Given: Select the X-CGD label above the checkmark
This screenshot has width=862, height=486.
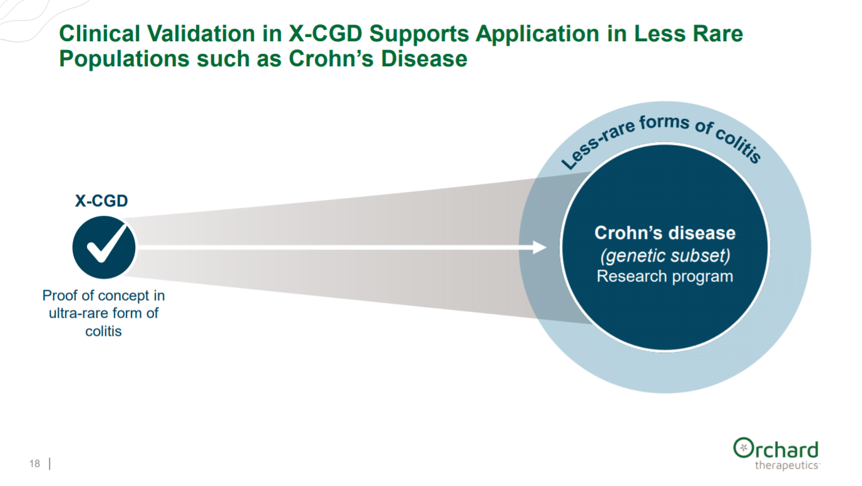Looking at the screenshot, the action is tap(102, 201).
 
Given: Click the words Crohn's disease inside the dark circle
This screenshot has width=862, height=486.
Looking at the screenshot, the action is tap(665, 233).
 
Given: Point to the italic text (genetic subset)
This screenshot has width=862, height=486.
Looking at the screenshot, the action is tap(665, 256).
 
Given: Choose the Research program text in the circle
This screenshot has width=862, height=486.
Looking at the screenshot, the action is tap(665, 276).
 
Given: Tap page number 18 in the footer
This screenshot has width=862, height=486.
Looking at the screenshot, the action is tap(34, 463).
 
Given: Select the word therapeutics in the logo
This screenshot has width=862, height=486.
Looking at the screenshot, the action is tap(786, 465).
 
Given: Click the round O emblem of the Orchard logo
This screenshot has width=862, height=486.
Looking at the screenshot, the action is tap(743, 448).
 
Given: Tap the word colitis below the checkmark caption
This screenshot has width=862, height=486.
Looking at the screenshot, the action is tap(103, 331).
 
